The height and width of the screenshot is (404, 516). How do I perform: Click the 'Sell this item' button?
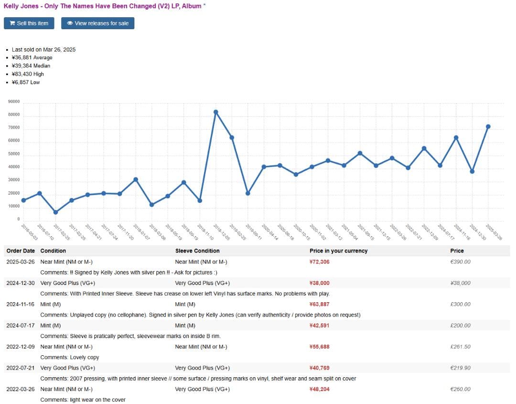pos(29,23)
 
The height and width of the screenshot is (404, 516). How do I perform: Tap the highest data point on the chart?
pos(215,112)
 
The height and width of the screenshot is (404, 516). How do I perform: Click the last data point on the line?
pos(488,127)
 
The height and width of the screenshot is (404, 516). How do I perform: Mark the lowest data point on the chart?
pos(55,212)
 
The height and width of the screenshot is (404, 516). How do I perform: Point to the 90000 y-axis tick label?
pos(14,102)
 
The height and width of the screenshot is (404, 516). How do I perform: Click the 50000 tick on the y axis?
pos(14,154)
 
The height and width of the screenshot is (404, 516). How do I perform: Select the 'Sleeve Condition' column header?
pos(197,251)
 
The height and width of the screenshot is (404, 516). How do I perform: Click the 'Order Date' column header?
pos(21,251)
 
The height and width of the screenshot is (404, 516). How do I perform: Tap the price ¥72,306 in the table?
pos(319,262)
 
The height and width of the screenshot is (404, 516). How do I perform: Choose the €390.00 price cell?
pos(460,262)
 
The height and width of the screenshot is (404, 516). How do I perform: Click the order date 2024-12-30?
pos(21,283)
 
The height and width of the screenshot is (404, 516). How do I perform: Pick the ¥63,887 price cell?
pos(319,304)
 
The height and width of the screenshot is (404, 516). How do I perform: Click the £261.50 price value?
pos(460,347)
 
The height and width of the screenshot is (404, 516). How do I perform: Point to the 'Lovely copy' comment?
pos(84,357)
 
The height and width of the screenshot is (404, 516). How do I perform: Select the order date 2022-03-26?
pos(21,389)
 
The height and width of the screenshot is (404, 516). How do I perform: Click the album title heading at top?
pos(102,6)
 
